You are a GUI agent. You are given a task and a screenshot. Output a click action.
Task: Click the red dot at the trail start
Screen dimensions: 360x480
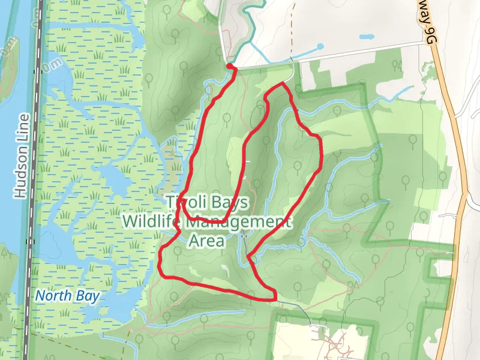[229, 67]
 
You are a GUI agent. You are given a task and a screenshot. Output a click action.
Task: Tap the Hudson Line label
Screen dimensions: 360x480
[22, 156]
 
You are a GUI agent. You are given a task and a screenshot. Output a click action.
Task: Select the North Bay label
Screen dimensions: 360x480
[67, 296]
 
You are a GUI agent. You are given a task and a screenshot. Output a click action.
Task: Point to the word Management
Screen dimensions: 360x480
[239, 221]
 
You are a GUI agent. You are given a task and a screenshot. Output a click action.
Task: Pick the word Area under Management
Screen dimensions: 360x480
[206, 241]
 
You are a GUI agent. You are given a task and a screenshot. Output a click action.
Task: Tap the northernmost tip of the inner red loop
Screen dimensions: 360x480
[281, 83]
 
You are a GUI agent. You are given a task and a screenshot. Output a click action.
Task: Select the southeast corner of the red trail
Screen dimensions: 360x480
[274, 296]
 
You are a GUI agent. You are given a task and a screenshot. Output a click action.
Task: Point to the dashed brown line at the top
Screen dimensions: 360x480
[292, 15]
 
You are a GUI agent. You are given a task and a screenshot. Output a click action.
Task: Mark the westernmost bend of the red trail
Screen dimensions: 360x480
[160, 264]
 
